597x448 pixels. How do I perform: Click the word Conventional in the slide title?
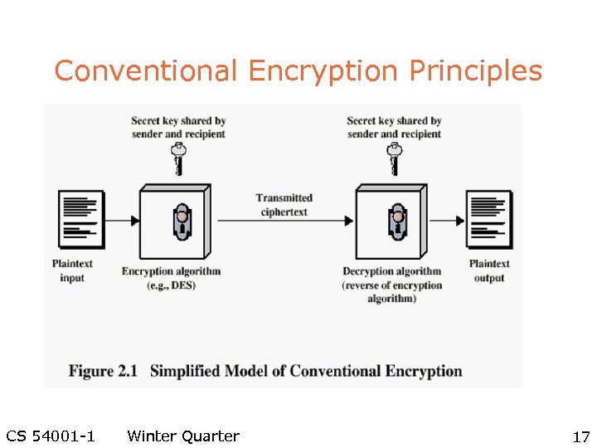(x=146, y=71)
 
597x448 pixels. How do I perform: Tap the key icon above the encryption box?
(x=177, y=158)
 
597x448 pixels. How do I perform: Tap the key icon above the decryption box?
(x=395, y=158)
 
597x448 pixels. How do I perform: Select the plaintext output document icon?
(x=489, y=219)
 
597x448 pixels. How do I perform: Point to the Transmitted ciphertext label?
(x=284, y=204)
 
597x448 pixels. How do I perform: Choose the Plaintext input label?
(x=72, y=270)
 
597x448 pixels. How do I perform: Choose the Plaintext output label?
(x=489, y=270)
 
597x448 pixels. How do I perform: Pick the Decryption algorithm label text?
(x=391, y=271)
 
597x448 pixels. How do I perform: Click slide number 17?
(x=580, y=437)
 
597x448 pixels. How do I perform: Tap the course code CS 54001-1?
(x=50, y=436)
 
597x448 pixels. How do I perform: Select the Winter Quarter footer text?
(x=183, y=436)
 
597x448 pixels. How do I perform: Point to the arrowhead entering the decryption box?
(x=349, y=221)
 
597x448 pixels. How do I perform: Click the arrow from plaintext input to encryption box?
(x=121, y=221)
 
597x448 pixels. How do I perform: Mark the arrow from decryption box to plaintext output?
(x=449, y=221)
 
